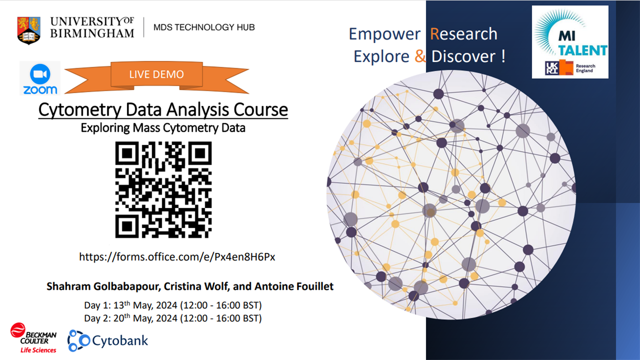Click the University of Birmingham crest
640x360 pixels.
coord(29,29)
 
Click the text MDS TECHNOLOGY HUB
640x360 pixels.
coord(204,27)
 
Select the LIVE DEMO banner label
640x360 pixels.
coord(156,74)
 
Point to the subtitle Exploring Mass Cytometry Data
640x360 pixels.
coord(163,128)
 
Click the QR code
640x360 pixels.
coord(163,190)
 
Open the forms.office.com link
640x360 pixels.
coord(177,257)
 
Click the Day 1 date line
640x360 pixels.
coord(173,305)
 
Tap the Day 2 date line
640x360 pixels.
coord(173,318)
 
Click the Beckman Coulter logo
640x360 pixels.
coord(33,337)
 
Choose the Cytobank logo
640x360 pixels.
coord(108,341)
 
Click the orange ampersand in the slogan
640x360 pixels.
coord(420,56)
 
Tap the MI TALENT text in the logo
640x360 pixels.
coord(577,44)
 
